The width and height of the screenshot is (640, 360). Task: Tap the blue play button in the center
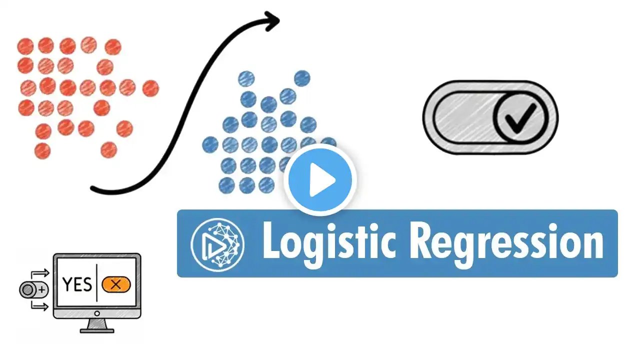pos(320,180)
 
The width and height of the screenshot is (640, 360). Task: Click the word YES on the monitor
pos(77,284)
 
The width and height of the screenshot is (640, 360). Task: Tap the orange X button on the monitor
pos(116,284)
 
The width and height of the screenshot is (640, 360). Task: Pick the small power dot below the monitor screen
pos(97,313)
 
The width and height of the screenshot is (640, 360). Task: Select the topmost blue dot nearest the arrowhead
pos(302,78)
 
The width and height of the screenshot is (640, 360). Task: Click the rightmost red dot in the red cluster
pos(150,88)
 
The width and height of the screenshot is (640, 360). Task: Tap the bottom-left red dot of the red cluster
pos(42,150)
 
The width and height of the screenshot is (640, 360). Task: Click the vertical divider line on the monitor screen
pos(96,284)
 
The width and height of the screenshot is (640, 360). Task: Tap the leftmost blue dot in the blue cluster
pos(210,145)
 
